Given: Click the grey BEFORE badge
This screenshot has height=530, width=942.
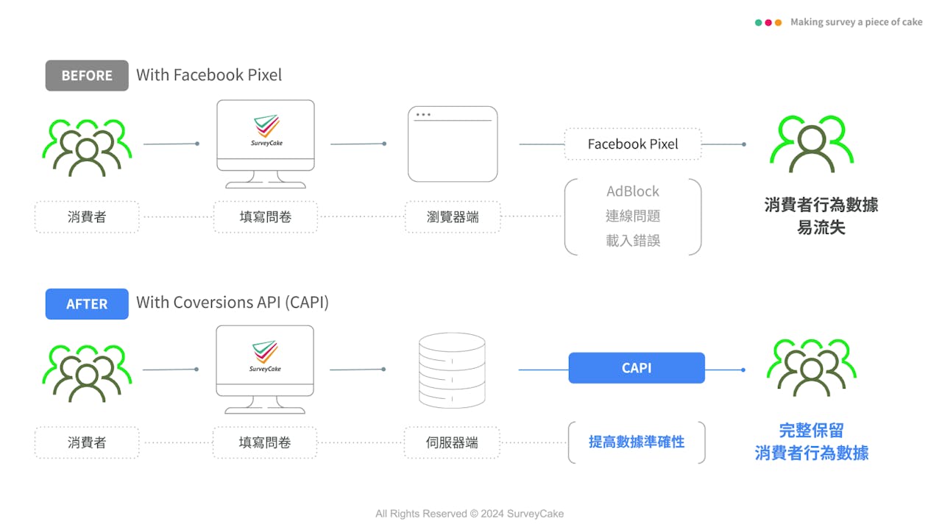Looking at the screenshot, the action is click(x=87, y=76).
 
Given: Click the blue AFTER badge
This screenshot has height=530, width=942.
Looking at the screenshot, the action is click(x=87, y=304).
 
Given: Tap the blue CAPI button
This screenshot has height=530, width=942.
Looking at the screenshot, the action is click(x=637, y=367).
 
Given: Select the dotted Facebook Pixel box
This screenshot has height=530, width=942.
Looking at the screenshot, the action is click(x=633, y=144).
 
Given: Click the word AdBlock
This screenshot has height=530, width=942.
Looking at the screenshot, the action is click(x=632, y=191).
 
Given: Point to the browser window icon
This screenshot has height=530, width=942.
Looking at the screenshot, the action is click(x=453, y=144).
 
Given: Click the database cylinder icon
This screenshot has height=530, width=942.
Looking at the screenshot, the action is click(x=452, y=370).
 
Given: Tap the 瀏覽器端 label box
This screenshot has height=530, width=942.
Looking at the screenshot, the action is click(x=453, y=216).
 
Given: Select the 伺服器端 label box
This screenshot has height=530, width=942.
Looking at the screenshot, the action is click(x=452, y=442).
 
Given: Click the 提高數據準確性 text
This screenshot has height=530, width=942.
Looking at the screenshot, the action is click(x=637, y=442).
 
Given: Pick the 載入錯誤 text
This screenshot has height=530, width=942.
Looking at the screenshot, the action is click(x=633, y=241).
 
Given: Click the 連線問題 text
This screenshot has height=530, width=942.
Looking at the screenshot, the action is click(x=633, y=216).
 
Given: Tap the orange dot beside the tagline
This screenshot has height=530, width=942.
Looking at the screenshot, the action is click(x=779, y=22).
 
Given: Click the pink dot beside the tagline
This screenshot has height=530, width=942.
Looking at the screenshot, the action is click(x=768, y=22).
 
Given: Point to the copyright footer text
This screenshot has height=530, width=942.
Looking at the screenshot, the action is click(x=470, y=514).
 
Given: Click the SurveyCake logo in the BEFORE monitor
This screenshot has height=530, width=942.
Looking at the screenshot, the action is click(x=266, y=130).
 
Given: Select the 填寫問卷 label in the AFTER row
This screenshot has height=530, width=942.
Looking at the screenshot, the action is click(x=265, y=442).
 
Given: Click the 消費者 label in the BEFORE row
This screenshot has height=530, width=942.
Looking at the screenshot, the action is click(x=87, y=216).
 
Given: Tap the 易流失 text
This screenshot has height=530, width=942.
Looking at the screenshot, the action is click(x=821, y=227).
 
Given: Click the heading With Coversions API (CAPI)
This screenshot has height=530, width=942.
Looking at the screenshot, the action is click(x=233, y=303).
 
